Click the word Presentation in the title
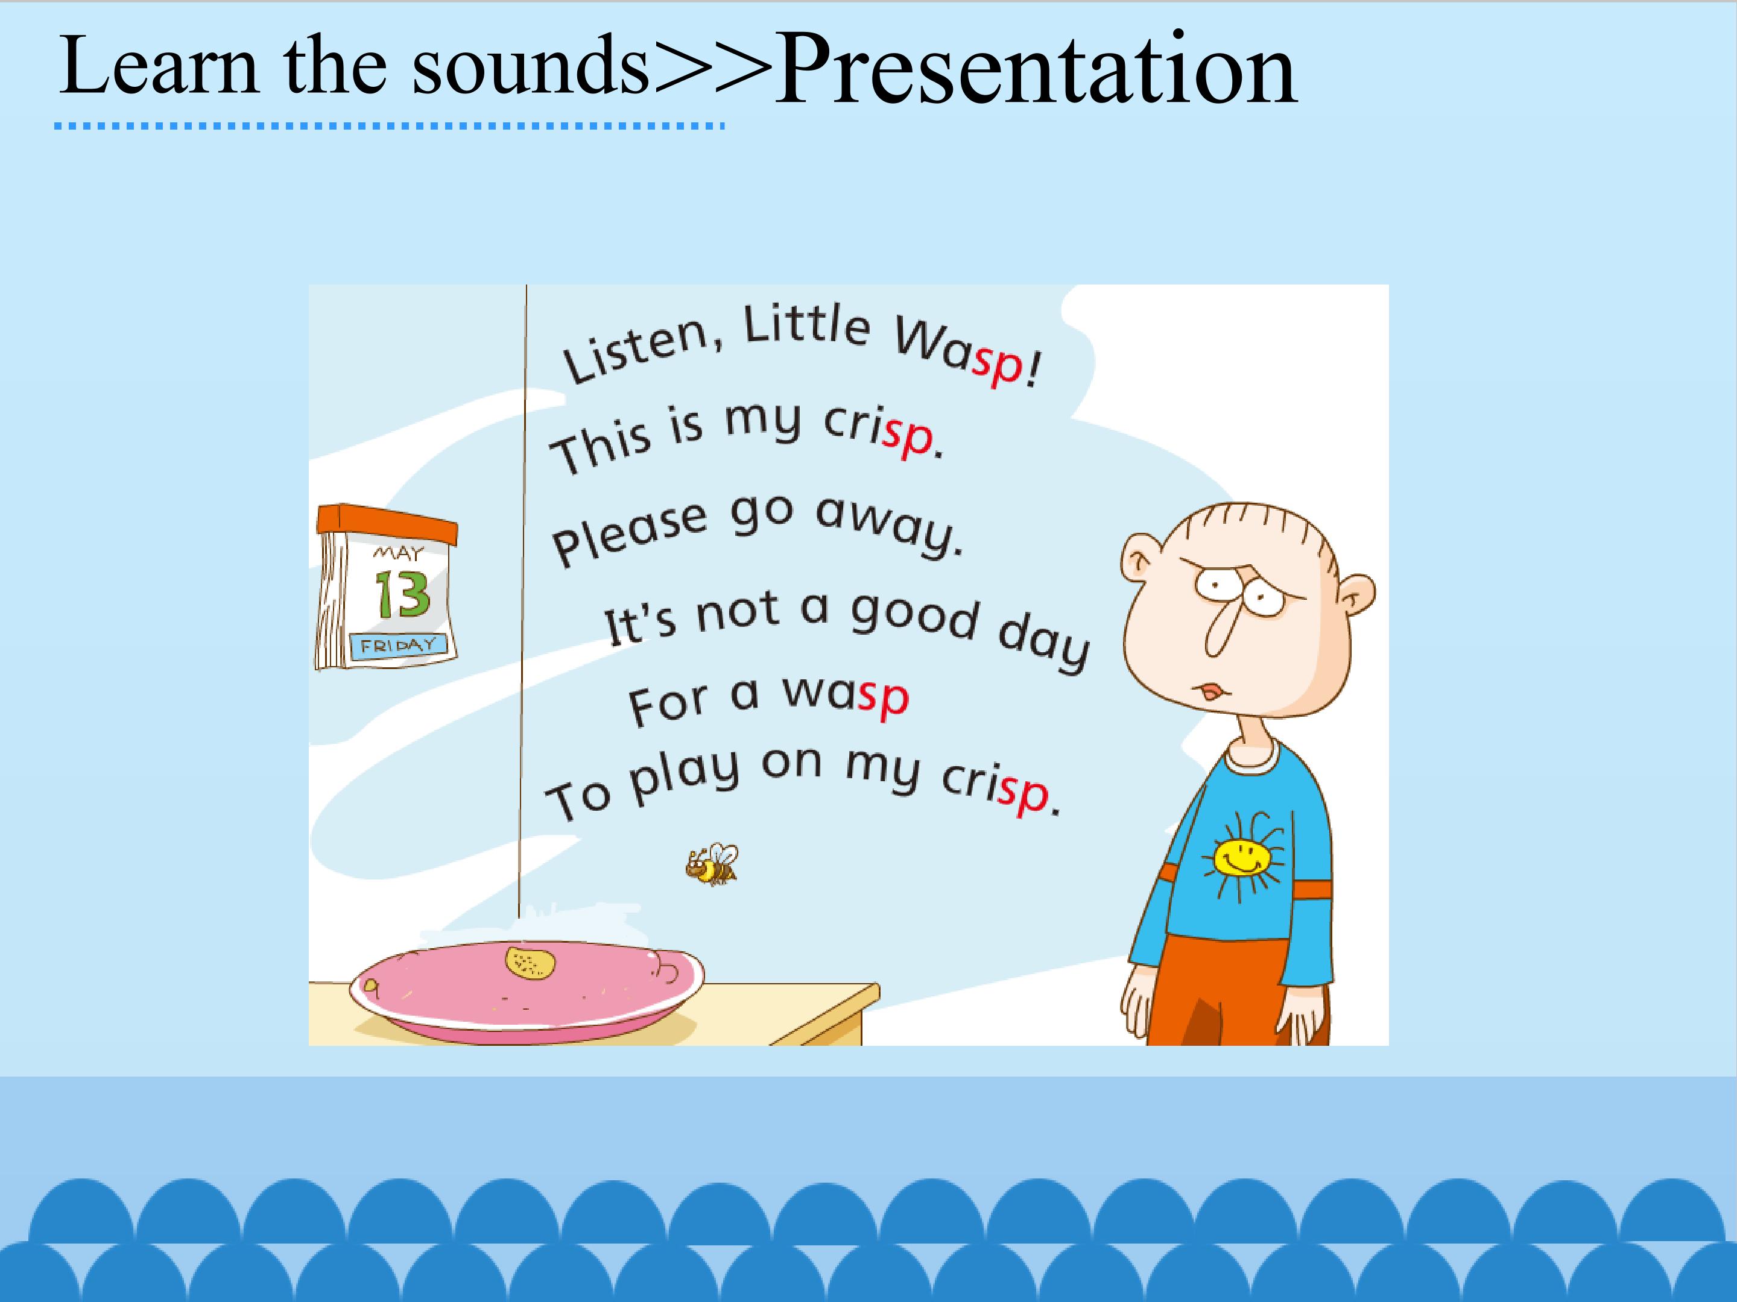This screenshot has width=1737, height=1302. (1035, 71)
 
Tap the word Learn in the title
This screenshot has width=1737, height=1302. (159, 66)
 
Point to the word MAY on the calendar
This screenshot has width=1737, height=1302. (399, 553)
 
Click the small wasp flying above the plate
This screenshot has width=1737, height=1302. (712, 864)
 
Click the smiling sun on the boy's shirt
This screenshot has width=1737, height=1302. (1241, 857)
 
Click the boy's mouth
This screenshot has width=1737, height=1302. (1209, 691)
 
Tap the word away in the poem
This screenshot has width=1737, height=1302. (888, 523)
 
